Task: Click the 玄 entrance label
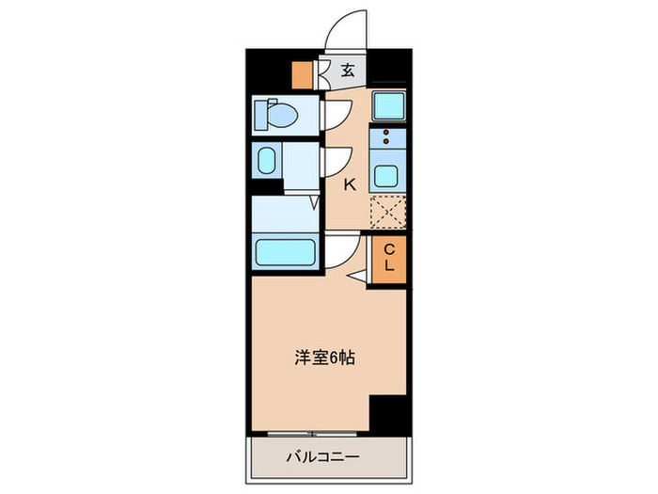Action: [x=347, y=70]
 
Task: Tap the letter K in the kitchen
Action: [x=349, y=184]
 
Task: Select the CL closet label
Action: [x=388, y=258]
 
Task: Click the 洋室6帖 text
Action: [x=325, y=358]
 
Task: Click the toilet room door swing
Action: [x=336, y=114]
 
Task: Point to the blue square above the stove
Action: [x=387, y=105]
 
